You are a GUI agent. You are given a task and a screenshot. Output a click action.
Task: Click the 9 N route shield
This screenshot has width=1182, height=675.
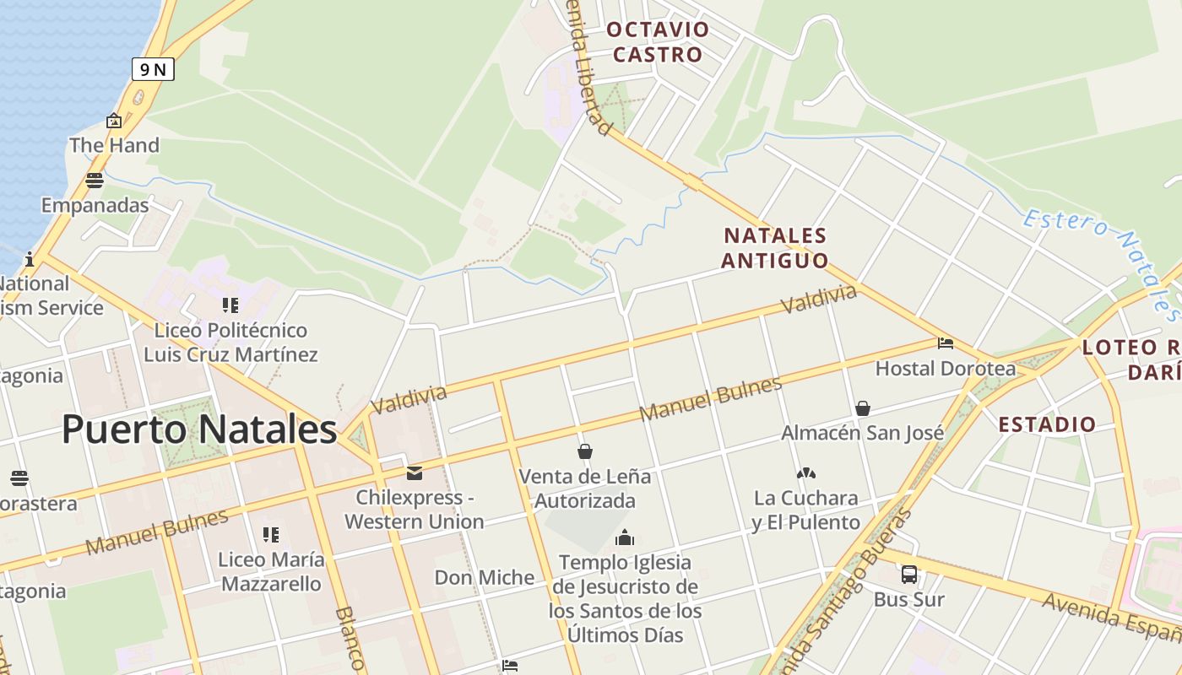pos(153,69)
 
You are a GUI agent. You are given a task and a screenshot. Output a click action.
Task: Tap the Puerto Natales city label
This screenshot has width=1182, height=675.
pos(199,429)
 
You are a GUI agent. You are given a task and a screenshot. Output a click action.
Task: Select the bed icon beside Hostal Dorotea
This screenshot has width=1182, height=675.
pos(946,343)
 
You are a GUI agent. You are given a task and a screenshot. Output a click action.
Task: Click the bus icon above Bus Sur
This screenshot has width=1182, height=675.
pos(908,575)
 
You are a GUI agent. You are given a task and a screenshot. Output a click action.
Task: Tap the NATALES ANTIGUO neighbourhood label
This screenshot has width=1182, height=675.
pos(775,247)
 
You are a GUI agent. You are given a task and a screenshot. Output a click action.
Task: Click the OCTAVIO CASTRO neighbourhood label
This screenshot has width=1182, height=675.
pos(658,42)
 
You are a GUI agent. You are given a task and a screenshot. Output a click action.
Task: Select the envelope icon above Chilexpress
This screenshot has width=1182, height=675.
pos(414,473)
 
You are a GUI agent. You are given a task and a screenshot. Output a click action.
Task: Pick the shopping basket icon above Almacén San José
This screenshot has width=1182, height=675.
pos(862,408)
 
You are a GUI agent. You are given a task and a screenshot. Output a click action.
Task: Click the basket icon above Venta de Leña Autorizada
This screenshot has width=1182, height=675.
pos(584,451)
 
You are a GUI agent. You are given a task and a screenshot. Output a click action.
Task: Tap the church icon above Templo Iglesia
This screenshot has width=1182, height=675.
pos(625,537)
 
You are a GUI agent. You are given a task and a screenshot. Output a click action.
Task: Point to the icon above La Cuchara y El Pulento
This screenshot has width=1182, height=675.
pos(805,473)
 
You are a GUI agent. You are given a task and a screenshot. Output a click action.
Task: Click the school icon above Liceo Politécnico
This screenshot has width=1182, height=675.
pos(230,305)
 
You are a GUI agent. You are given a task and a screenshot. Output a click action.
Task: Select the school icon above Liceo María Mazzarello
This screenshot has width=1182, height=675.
pos(270,534)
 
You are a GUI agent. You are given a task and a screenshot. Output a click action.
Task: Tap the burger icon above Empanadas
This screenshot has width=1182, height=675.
pos(95,180)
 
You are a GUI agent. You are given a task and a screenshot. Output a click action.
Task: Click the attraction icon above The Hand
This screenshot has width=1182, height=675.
pos(114,121)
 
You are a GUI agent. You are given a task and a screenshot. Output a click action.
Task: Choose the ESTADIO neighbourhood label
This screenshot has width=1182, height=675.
pos(1047,424)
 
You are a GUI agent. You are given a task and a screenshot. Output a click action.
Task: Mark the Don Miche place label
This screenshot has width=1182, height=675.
pos(484,578)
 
